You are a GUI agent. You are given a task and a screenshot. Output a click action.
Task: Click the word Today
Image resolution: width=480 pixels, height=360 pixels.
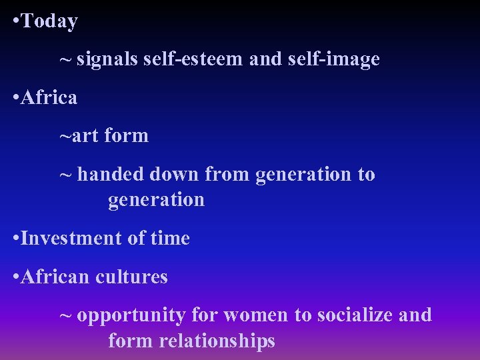click(x=49, y=21)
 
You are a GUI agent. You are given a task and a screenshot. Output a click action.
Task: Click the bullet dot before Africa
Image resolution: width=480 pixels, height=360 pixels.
click(x=15, y=98)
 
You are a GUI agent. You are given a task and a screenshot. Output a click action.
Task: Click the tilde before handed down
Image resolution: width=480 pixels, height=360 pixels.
click(x=65, y=175)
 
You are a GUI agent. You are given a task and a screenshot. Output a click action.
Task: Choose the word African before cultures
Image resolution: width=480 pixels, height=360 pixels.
click(x=55, y=276)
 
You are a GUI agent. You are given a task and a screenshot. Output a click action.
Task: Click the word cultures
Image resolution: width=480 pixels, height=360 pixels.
click(x=131, y=276)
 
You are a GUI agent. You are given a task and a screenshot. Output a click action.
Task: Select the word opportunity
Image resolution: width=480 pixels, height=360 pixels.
click(x=131, y=315)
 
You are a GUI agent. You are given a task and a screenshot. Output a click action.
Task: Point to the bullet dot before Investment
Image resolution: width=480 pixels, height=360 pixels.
click(x=15, y=238)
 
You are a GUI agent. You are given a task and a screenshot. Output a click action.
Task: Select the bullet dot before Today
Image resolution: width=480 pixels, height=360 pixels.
click(x=15, y=21)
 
